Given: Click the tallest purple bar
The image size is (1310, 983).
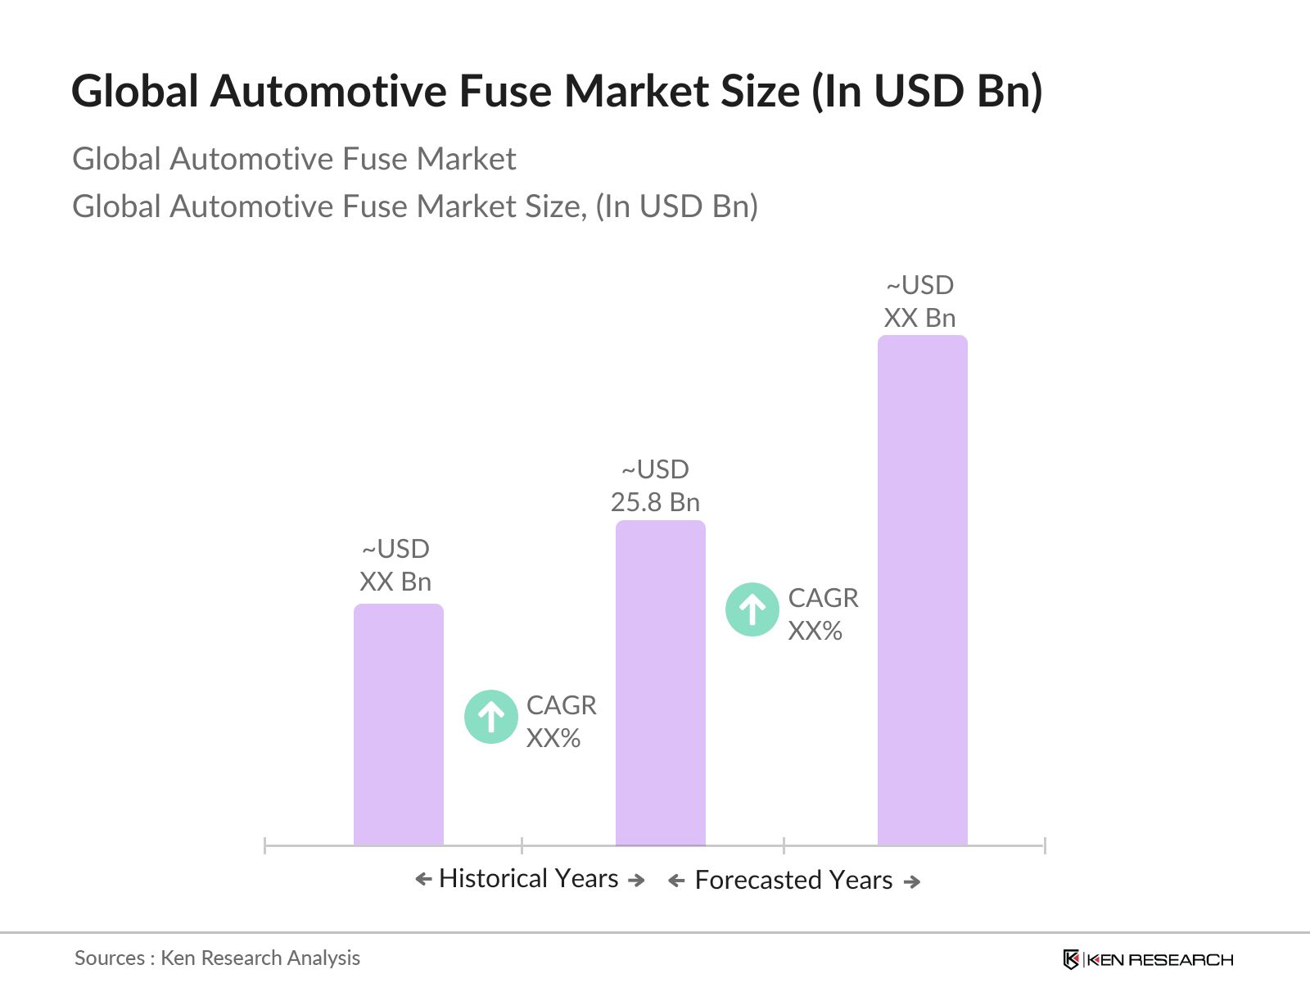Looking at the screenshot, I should click(922, 590).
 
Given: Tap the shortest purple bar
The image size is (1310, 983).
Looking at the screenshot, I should click(398, 724).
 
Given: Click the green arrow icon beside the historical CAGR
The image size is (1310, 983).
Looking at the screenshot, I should click(491, 717).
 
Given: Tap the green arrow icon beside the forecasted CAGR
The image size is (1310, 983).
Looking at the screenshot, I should click(752, 609).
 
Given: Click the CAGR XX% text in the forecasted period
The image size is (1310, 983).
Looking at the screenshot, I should click(822, 614).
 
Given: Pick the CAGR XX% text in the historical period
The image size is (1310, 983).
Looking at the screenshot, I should click(561, 722).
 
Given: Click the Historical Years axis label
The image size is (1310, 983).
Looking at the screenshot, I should click(529, 878).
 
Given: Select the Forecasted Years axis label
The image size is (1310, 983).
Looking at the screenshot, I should click(793, 880).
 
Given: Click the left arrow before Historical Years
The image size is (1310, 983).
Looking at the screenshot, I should click(423, 880).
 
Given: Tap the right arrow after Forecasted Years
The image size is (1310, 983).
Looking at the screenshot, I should click(912, 881).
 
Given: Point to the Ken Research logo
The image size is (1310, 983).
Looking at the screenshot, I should click(1148, 959).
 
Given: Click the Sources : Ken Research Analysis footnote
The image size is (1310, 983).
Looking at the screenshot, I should click(217, 958).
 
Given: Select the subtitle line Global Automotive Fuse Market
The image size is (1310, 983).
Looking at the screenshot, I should click(294, 159).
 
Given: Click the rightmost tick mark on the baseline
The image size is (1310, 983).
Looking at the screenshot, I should click(1044, 845).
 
